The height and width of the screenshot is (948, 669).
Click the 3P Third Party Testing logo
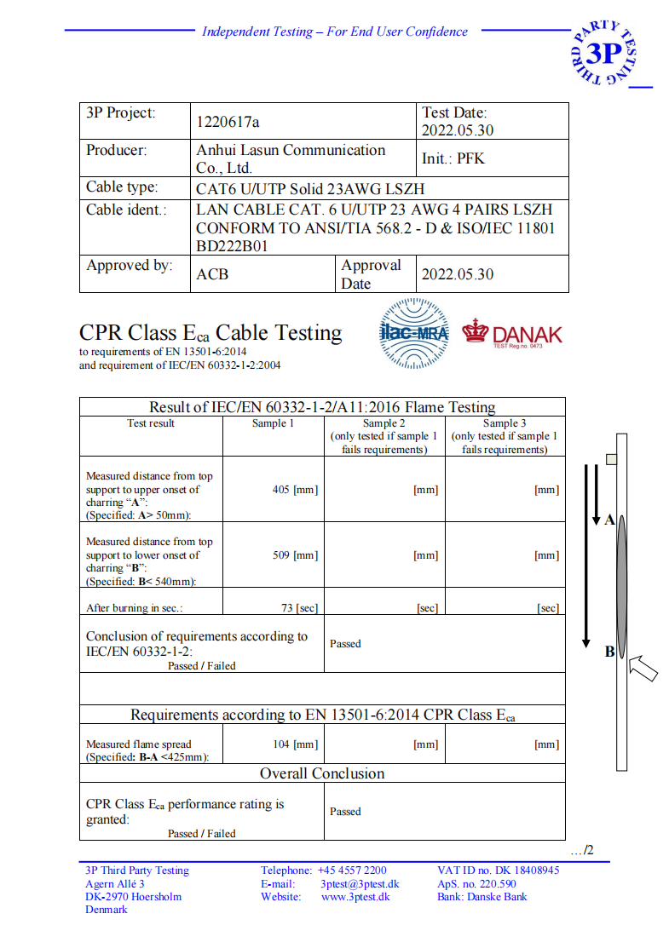pyautogui.click(x=606, y=53)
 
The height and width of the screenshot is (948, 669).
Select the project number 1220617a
pyautogui.click(x=228, y=121)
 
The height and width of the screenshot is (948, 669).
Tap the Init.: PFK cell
pyautogui.click(x=453, y=158)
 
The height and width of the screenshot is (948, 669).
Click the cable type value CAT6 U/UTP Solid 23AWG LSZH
pyautogui.click(x=310, y=188)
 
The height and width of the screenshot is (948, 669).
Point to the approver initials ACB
pyautogui.click(x=212, y=274)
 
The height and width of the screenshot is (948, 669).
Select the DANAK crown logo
pyautogui.click(x=476, y=331)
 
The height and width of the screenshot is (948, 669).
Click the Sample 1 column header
pyautogui.click(x=273, y=423)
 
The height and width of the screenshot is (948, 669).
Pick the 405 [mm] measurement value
pyautogui.click(x=295, y=490)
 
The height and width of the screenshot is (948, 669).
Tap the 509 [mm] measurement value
pyautogui.click(x=295, y=555)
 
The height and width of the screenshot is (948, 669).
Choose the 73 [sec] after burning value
pyautogui.click(x=299, y=607)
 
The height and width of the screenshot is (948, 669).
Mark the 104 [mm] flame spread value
pyautogui.click(x=295, y=744)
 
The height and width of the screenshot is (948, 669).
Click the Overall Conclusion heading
pyautogui.click(x=322, y=773)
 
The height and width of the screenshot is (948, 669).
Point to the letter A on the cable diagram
pyautogui.click(x=609, y=520)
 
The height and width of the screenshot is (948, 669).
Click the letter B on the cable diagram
pyautogui.click(x=609, y=652)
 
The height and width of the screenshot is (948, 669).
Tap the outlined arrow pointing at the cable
pyautogui.click(x=643, y=670)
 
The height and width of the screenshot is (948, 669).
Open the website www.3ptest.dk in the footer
pyautogui.click(x=355, y=896)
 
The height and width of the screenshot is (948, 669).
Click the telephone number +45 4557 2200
pyautogui.click(x=352, y=870)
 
